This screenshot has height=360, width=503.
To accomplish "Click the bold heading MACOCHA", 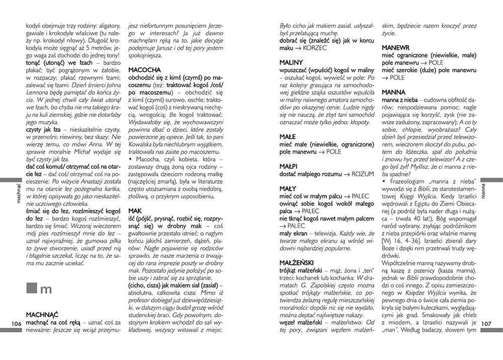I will tap(144, 69).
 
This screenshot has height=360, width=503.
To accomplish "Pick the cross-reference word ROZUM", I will tap(363, 174).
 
